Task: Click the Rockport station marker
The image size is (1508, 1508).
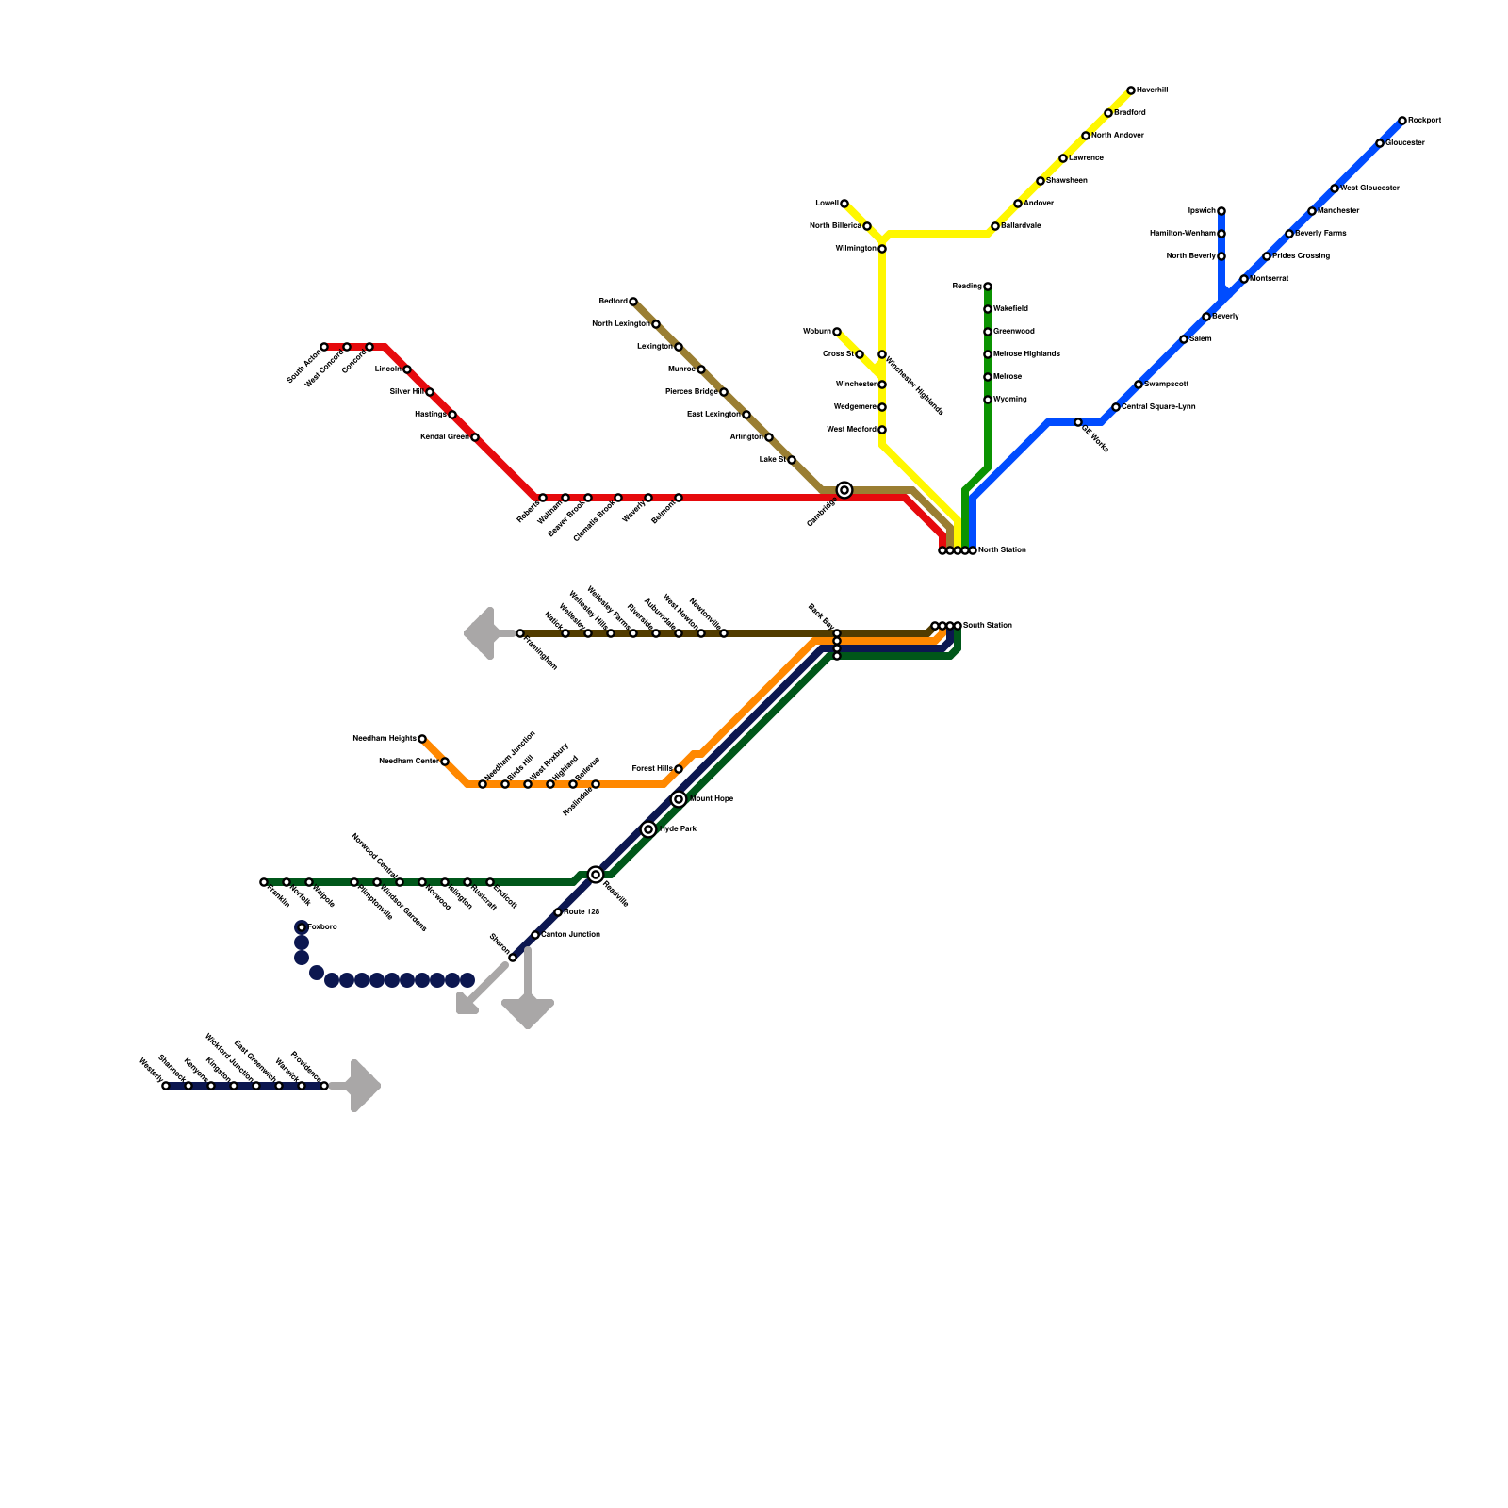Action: (x=1402, y=121)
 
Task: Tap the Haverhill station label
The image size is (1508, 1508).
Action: (x=1152, y=90)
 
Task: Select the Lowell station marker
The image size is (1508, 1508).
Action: (x=844, y=204)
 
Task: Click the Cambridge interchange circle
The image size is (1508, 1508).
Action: (x=844, y=490)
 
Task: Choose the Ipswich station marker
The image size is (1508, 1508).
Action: (x=1221, y=211)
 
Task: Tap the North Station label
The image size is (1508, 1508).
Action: (x=1002, y=550)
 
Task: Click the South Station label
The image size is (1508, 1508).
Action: (x=987, y=626)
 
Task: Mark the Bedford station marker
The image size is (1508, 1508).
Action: (x=633, y=302)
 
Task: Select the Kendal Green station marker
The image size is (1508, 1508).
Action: (x=475, y=437)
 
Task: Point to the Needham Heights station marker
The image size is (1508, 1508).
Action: (x=422, y=739)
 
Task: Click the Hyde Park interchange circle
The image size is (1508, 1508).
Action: (x=648, y=829)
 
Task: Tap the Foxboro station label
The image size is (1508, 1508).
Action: (x=322, y=927)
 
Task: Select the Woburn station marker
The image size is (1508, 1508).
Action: (x=837, y=332)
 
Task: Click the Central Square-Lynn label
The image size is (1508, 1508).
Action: (x=1158, y=407)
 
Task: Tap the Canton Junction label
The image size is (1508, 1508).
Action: (x=571, y=935)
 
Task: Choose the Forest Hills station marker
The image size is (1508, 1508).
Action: (x=679, y=769)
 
